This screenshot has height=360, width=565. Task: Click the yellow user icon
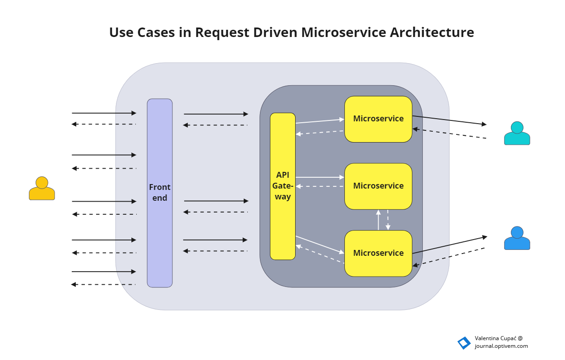tap(42, 189)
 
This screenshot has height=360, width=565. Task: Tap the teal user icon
tap(517, 134)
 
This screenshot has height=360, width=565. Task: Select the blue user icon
tap(517, 239)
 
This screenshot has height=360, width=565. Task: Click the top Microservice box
tap(378, 119)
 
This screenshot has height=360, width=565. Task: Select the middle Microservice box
tap(378, 186)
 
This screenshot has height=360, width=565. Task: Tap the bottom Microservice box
tap(378, 253)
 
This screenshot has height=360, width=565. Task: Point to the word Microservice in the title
tap(343, 32)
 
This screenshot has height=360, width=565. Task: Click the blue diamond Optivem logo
tap(463, 343)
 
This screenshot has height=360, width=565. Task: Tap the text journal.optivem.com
tap(501, 346)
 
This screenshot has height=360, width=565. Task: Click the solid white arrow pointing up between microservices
tap(378, 220)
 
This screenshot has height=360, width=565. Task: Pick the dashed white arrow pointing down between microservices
tap(388, 220)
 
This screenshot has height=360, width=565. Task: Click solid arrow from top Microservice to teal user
tap(449, 120)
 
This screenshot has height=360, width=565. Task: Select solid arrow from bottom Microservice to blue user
tap(449, 245)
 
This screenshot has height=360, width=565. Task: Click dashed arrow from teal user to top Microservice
tap(449, 134)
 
